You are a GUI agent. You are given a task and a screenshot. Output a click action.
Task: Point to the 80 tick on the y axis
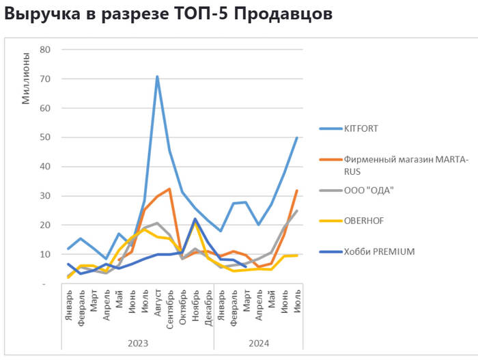46,49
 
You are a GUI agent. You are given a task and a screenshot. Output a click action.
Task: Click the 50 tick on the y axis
46,137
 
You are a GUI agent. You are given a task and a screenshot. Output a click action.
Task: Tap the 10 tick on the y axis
46,254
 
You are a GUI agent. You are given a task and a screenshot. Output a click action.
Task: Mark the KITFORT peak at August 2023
157,77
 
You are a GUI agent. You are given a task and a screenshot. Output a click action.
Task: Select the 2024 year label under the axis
258,342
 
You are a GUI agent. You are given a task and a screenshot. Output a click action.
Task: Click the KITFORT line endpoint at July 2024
297,137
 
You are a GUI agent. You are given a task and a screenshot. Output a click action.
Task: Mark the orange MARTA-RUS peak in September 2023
169,189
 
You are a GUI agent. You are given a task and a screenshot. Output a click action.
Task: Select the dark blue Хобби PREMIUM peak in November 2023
195,219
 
